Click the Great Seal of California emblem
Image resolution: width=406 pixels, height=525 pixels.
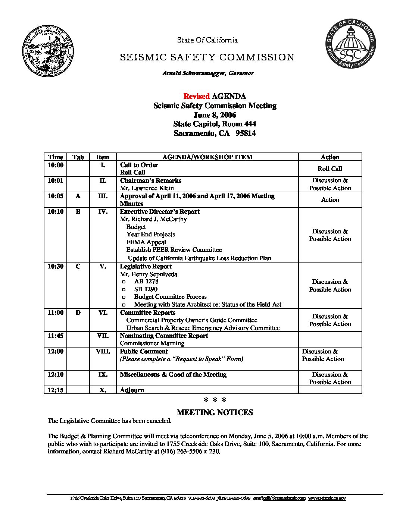[x=48, y=52]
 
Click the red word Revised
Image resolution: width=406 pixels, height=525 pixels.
[x=196, y=96]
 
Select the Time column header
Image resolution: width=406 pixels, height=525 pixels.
[x=56, y=157]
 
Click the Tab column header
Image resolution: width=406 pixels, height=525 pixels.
[x=78, y=157]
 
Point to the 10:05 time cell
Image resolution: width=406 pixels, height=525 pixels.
[x=56, y=196]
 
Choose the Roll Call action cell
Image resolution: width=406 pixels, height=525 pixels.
[x=330, y=169]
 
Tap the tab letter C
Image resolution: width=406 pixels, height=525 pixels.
[x=78, y=267]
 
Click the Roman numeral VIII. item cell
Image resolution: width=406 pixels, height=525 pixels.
[x=103, y=351]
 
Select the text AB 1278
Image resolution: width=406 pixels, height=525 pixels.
[x=146, y=282]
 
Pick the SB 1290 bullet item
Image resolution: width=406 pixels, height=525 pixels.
[x=146, y=289]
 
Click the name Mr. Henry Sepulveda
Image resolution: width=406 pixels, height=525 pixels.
[x=149, y=274]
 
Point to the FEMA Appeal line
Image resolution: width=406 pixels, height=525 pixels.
[x=146, y=242]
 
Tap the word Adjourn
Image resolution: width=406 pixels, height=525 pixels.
[x=132, y=390]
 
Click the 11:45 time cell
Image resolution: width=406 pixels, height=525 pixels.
[x=56, y=336]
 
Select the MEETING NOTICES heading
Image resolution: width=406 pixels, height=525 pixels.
[x=215, y=412]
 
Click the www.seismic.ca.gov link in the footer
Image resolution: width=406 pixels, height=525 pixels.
[x=327, y=498]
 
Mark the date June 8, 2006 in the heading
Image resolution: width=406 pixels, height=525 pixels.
[x=215, y=115]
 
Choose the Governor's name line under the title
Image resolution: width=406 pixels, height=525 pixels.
[x=208, y=73]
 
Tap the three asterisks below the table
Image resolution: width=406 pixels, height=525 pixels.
[x=215, y=401]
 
